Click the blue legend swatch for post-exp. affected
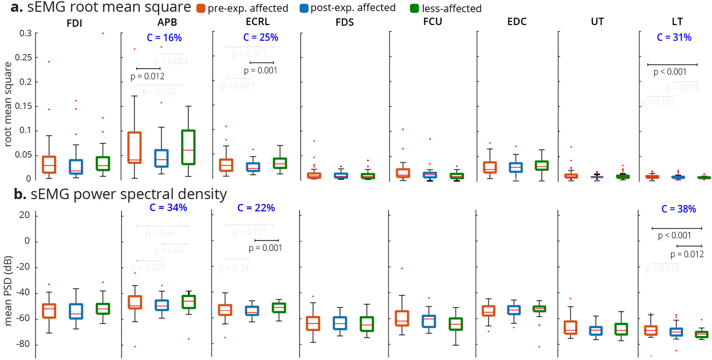point(304,8)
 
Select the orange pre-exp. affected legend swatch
point(201,8)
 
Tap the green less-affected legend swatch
point(414,8)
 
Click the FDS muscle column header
point(345,23)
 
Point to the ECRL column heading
point(257,22)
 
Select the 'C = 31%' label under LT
point(674,37)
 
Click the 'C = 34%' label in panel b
point(168,208)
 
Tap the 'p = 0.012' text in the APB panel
point(147,76)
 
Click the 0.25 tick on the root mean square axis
point(23,58)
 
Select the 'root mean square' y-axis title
point(8,104)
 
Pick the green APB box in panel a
point(188,147)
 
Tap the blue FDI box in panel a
point(76,167)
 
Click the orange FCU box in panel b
point(402,318)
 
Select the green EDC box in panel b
point(539,309)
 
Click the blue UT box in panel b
point(595,331)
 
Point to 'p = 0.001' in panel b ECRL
point(265,248)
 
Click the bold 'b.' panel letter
point(20,194)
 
